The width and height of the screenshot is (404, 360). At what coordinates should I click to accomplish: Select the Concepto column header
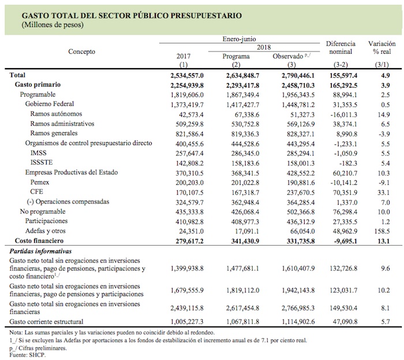[82, 51]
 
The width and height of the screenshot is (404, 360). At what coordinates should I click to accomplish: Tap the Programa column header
[235, 57]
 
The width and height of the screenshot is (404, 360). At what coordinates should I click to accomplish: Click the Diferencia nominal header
[341, 47]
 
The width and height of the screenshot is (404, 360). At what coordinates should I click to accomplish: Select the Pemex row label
[41, 181]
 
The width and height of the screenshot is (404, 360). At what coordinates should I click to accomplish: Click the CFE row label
[37, 191]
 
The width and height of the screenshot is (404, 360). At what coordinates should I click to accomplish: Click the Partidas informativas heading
[41, 251]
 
